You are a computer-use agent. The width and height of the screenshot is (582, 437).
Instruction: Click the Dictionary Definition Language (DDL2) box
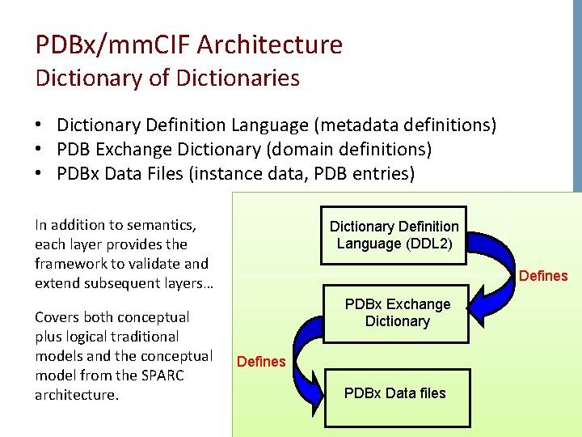[394, 235]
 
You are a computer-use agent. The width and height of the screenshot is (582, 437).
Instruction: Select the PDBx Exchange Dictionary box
[397, 313]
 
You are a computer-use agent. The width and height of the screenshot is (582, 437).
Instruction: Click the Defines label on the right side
[543, 276]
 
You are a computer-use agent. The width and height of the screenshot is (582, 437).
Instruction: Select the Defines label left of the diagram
[261, 362]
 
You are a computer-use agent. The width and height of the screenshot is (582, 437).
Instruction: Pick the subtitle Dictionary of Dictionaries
[167, 78]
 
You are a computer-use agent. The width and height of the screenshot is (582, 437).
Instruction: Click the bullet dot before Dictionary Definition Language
[39, 125]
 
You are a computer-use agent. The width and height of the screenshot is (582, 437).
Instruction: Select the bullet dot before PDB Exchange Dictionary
[39, 150]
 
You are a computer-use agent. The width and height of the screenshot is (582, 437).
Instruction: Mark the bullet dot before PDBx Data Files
[39, 174]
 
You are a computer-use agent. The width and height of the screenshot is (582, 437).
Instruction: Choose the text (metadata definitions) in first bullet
[405, 125]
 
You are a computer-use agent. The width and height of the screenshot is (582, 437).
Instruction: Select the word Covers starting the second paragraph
[57, 317]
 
